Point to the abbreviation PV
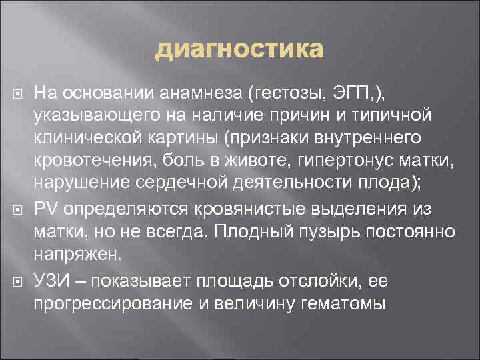[45, 209]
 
